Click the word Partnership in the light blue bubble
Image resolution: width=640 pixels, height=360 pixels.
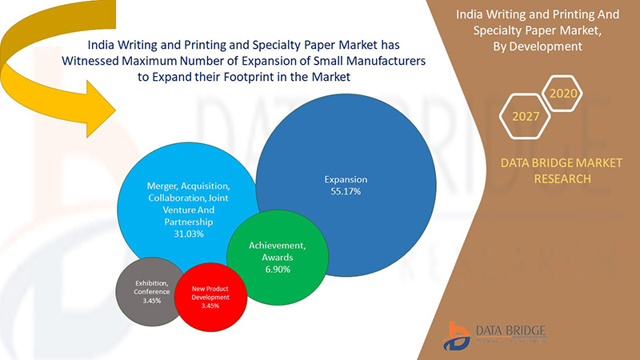point(186,221)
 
